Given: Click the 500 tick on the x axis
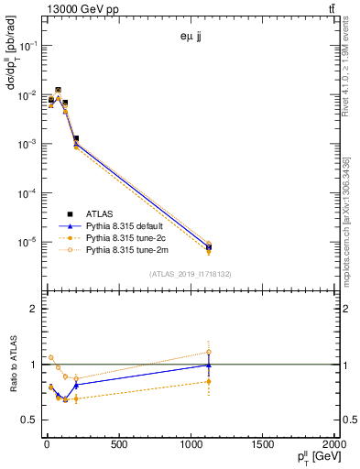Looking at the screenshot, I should point(117,445).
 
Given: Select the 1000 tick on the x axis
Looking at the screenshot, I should point(190,445).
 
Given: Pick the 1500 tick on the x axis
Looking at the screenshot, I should point(262,445).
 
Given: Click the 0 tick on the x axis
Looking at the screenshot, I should point(46,445).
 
